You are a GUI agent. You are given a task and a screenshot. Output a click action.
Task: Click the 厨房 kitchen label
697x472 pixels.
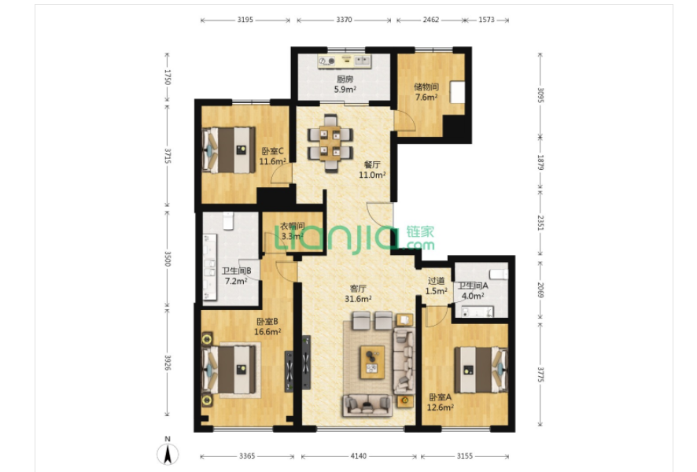[345, 79]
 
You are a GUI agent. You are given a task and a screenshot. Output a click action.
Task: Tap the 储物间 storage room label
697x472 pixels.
[426, 87]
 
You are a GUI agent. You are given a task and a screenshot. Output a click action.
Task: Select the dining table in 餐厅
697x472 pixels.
[330, 142]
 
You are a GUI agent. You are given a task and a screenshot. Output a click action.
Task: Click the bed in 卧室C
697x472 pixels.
[230, 150]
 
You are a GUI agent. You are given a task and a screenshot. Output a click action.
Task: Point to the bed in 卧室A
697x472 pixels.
[481, 370]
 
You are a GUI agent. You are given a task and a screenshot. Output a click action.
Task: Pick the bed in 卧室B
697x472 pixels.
[230, 370]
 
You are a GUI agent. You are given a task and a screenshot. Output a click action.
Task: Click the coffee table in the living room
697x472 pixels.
[372, 362]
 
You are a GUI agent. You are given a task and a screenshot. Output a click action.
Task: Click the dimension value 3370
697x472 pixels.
[344, 20]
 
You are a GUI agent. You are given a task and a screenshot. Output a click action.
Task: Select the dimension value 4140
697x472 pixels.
[358, 456]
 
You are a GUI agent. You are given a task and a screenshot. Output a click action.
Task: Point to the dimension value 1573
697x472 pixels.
[486, 20]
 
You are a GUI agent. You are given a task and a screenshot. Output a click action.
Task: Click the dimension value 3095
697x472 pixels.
[540, 95]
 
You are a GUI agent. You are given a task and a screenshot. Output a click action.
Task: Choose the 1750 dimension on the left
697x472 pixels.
[168, 76]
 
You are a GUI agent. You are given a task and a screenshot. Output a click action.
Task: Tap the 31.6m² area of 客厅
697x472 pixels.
[358, 299]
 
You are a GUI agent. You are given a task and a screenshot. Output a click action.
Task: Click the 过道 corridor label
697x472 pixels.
[436, 281]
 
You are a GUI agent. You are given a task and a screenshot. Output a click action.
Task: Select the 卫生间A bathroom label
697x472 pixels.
[473, 286]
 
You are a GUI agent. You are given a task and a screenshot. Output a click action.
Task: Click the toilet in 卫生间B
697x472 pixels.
[228, 221]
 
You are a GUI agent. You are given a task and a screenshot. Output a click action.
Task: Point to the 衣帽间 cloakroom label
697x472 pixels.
[292, 227]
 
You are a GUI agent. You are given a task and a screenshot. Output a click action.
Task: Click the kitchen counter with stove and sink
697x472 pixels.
[345, 61]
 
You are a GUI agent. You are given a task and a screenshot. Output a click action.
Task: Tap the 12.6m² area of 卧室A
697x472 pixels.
[441, 407]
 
